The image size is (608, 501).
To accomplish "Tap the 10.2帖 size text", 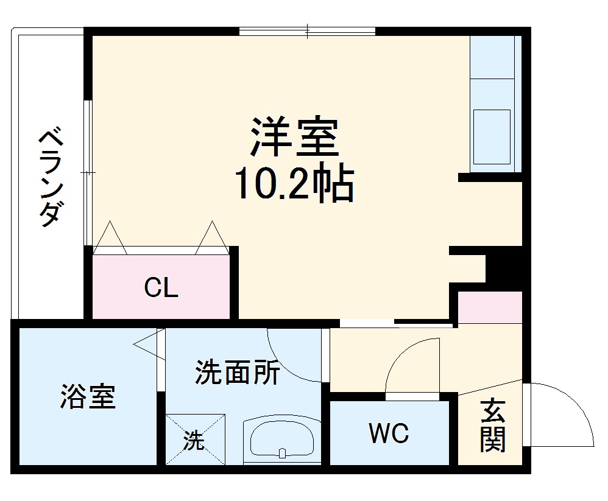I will pos(294,184).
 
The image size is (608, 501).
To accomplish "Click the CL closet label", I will pos(161,287).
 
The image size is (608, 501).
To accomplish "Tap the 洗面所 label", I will pos(237,373).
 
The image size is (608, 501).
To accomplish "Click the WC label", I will pos(388,434).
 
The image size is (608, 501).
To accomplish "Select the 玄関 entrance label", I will pos(492,426).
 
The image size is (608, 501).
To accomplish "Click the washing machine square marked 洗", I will pos(195,440).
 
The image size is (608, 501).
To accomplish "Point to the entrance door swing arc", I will pos(567,414).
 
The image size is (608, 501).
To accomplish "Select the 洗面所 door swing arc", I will pos(292,356).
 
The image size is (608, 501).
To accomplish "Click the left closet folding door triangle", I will pos(110,238).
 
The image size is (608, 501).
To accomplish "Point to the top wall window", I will pos(307,30).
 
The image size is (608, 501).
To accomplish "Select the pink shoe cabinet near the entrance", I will pos(490,307).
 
